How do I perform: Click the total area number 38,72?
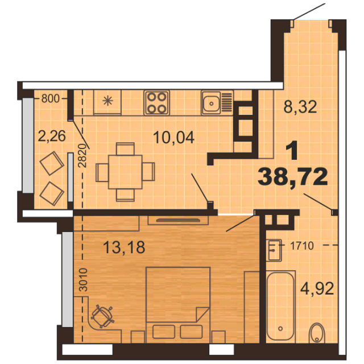pyautogui.click(x=292, y=177)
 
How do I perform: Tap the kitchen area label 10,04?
pyautogui.click(x=173, y=137)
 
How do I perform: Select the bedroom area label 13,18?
pyautogui.click(x=124, y=247)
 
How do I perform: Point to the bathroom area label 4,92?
pyautogui.click(x=317, y=288)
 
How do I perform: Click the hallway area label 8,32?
pyautogui.click(x=300, y=107)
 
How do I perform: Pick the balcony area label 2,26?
pyautogui.click(x=52, y=136)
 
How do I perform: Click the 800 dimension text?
pyautogui.click(x=51, y=98)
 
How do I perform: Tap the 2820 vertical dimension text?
pyautogui.click(x=82, y=156)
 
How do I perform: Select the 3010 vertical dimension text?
pyautogui.click(x=84, y=280)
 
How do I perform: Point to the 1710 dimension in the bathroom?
pyautogui.click(x=302, y=246)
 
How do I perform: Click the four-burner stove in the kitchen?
pyautogui.click(x=157, y=102)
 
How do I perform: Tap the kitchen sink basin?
pyautogui.click(x=211, y=104)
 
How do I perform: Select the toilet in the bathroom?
pyautogui.click(x=317, y=333)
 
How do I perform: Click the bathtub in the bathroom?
pyautogui.click(x=280, y=307)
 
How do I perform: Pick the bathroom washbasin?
pyautogui.click(x=275, y=250)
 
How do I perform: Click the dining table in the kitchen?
pyautogui.click(x=125, y=172)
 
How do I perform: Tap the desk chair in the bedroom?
pyautogui.click(x=102, y=316)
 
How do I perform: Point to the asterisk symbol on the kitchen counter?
pyautogui.click(x=107, y=101)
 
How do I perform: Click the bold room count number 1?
pyautogui.click(x=292, y=151)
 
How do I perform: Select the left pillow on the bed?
pyautogui.click(x=164, y=332)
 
